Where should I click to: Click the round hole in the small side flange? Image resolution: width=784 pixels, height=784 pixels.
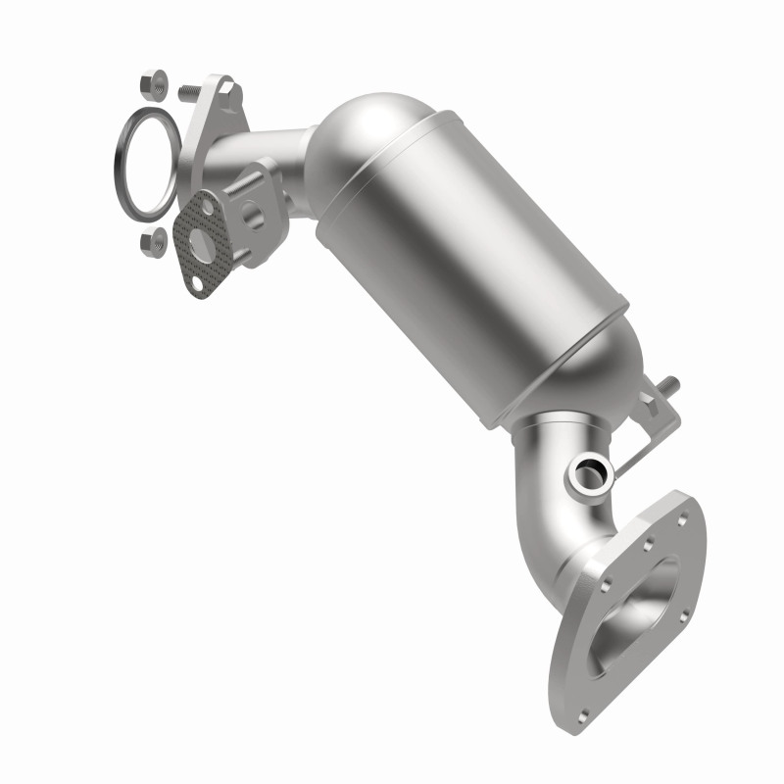tap(253, 211)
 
